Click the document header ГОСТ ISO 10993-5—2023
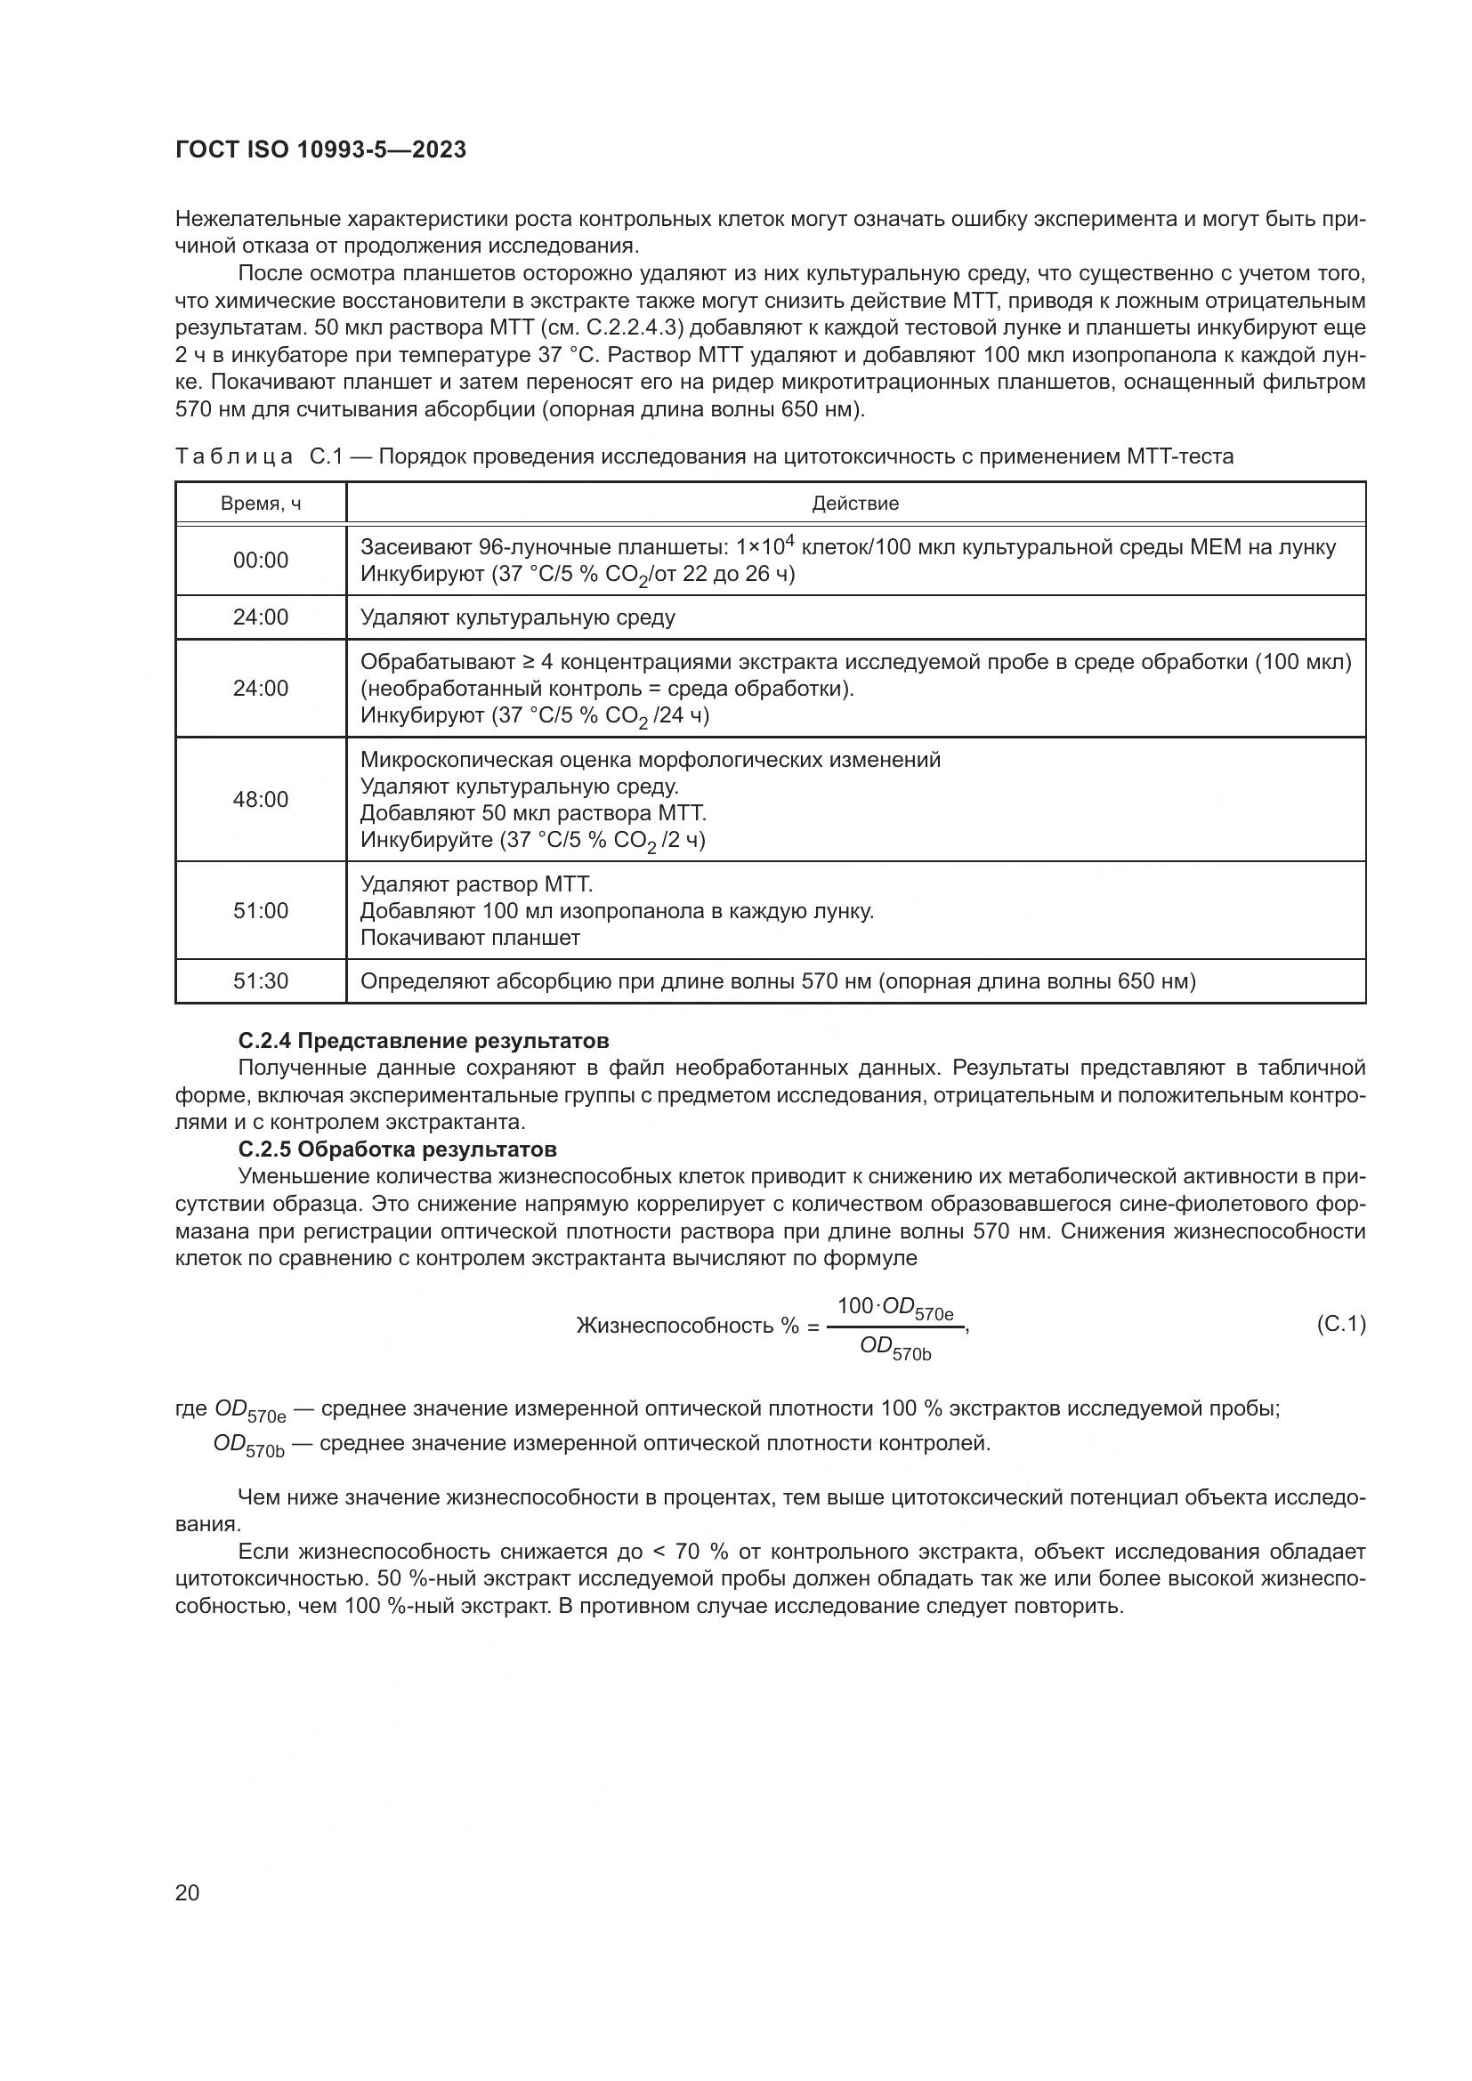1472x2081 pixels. coord(321,149)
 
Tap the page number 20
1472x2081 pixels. coord(187,1892)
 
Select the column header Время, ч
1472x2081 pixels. coord(261,504)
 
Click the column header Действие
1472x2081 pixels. coord(854,504)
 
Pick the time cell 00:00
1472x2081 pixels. coord(261,561)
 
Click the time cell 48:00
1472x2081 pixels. coord(261,800)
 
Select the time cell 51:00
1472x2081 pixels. coord(261,911)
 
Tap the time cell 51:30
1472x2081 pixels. coord(261,981)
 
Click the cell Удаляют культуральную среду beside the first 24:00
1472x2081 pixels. coord(518,618)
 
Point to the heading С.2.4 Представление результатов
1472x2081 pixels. coord(424,1041)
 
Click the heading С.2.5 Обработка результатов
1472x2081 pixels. coord(397,1149)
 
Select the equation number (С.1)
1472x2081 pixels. coord(1339,1325)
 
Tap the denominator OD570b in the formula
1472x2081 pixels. coord(895,1349)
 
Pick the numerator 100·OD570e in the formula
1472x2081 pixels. coord(895,1308)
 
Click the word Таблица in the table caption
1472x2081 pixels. coord(234,456)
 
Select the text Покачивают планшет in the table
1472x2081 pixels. coord(471,938)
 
